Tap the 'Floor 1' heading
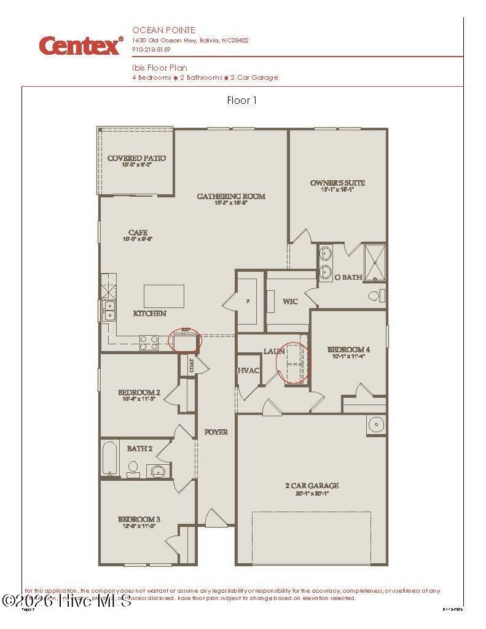point(242,101)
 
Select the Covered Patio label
point(136,159)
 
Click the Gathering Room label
point(231,197)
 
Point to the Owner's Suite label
point(337,183)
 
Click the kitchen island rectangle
point(164,296)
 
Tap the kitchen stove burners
point(149,342)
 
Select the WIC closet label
point(290,302)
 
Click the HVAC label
point(248,371)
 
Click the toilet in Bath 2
point(133,469)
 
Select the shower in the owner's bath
point(374,263)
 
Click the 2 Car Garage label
point(312,486)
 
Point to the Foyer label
point(216,432)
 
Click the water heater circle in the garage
point(375,425)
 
